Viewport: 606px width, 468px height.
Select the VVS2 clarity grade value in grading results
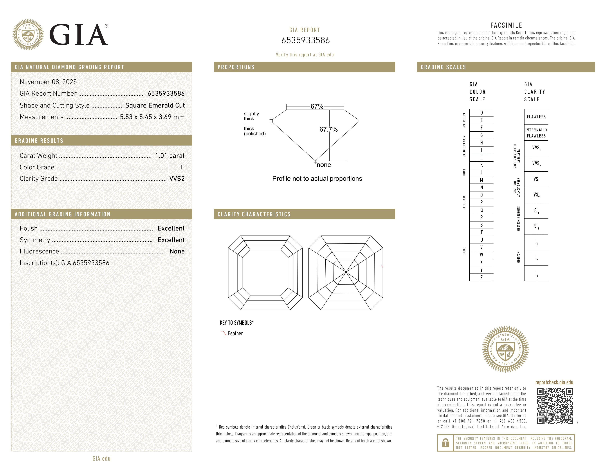click(177, 179)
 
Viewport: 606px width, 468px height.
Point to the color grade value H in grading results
click(182, 167)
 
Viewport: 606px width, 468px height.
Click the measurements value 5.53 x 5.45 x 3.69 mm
click(152, 117)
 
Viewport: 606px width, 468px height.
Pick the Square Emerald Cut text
click(155, 105)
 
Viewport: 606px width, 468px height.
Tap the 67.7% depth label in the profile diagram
click(328, 129)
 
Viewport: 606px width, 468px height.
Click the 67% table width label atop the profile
click(317, 106)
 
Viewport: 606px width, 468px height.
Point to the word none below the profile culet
click(324, 165)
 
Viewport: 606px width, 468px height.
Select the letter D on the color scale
click(481, 113)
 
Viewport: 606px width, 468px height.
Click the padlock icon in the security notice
click(445, 443)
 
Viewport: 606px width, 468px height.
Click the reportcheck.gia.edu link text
click(554, 382)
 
